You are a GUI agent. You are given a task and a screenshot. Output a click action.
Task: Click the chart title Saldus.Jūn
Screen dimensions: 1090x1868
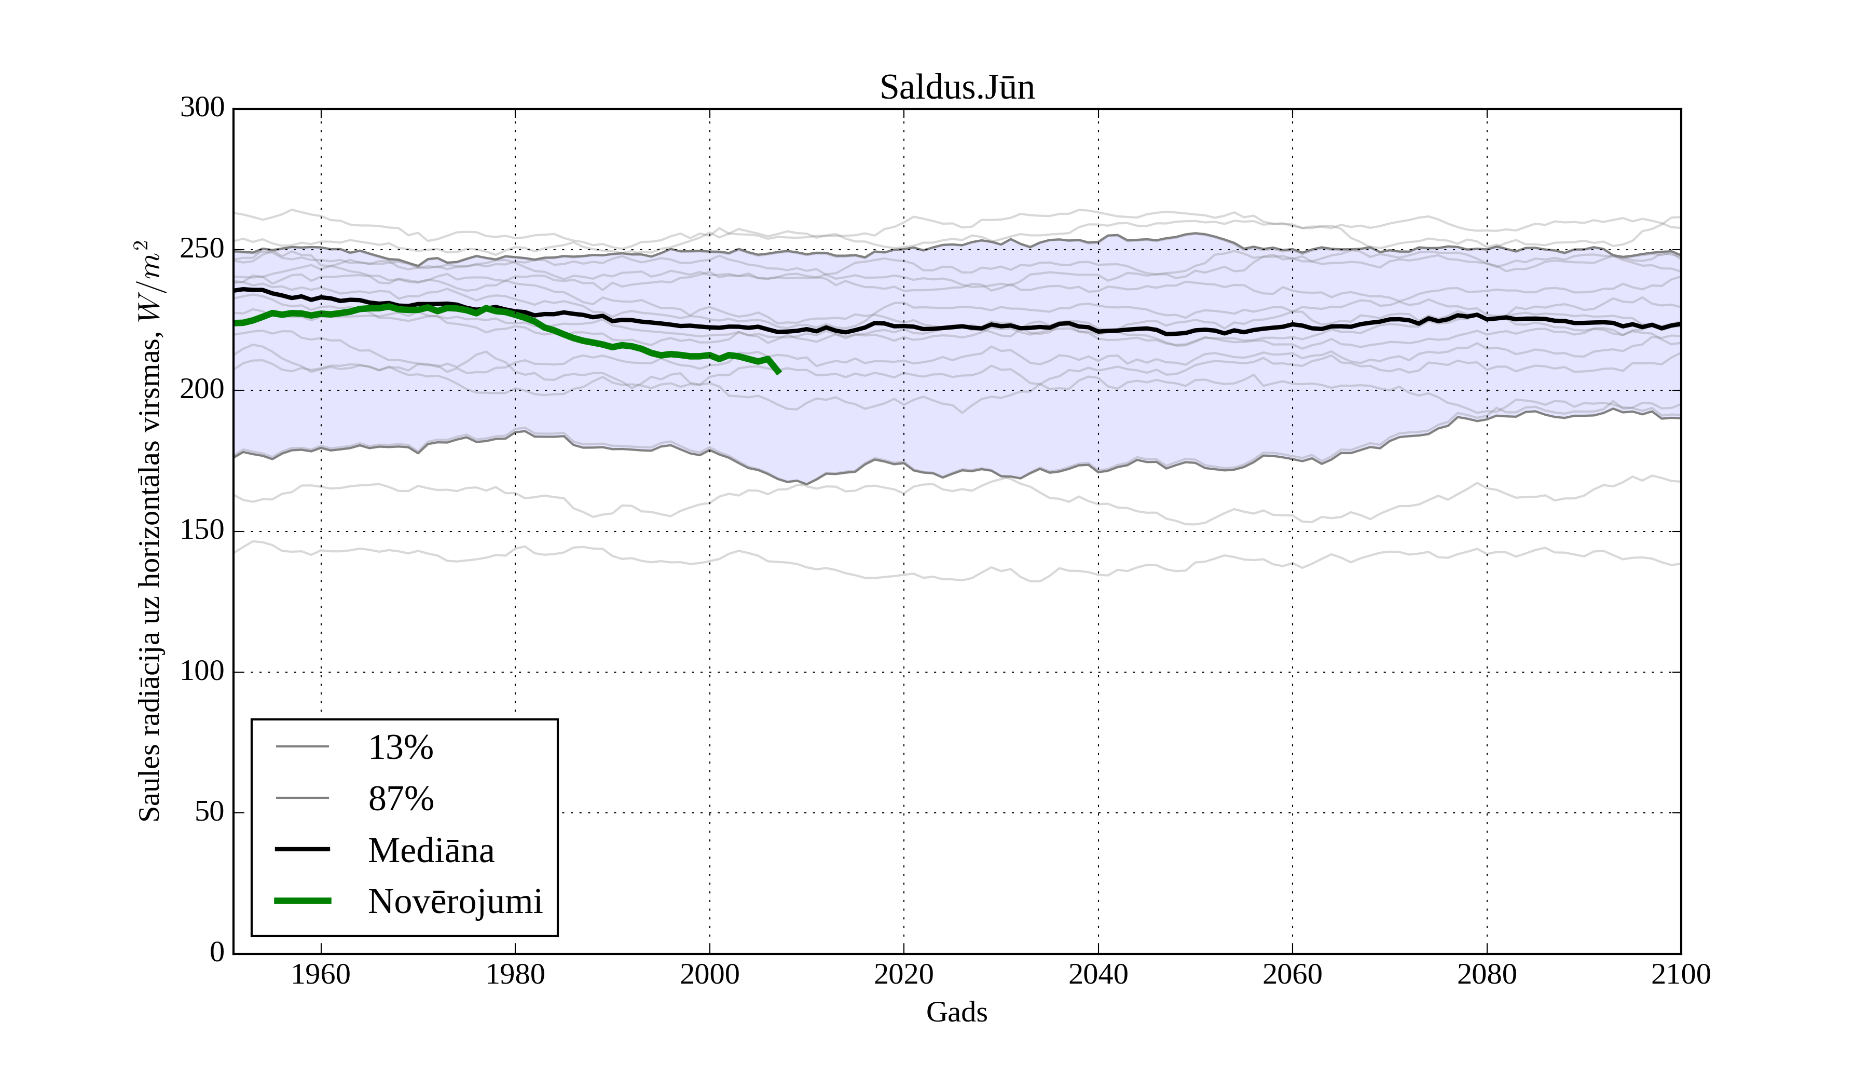pos(956,88)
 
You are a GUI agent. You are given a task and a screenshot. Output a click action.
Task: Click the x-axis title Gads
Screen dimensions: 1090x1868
pos(956,1012)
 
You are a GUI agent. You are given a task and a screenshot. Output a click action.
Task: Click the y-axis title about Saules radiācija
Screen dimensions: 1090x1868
pos(150,531)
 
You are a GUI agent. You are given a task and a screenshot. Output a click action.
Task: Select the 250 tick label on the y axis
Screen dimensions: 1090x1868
pos(202,249)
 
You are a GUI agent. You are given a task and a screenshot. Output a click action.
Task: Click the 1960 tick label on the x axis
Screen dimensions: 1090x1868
pos(321,974)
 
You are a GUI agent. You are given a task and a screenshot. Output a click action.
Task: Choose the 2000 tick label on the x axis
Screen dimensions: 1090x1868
pos(709,974)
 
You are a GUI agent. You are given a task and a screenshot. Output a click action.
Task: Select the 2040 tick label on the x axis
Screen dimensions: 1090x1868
pos(1098,974)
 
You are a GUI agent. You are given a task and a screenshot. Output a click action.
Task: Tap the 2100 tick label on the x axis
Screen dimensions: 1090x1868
pos(1681,974)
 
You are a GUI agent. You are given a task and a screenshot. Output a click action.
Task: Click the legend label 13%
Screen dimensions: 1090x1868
pos(400,747)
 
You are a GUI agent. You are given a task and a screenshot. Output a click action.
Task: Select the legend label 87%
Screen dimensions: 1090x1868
pos(400,799)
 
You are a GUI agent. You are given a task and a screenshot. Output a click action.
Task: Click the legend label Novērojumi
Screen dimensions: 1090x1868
pos(455,901)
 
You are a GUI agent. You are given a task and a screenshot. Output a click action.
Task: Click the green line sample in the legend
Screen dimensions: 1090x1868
pos(303,901)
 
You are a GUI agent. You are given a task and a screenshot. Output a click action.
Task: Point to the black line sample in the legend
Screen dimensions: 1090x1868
pos(303,849)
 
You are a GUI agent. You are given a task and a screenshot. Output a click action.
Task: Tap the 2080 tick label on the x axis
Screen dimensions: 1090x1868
pos(1486,974)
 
